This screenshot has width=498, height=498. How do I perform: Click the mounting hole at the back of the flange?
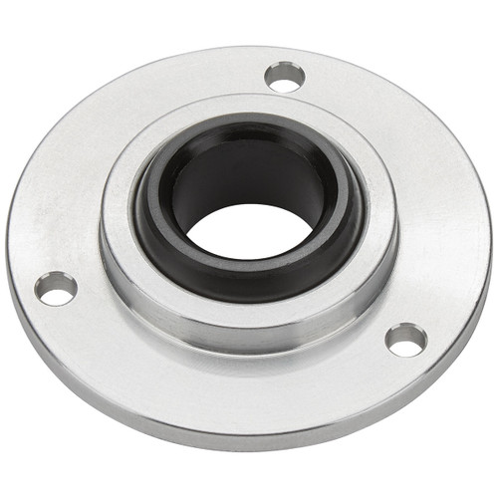[x=285, y=77]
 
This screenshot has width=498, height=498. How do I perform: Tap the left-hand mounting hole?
[x=56, y=289]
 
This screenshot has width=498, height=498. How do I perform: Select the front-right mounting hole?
[x=406, y=340]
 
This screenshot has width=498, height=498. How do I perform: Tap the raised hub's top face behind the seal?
[x=249, y=110]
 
